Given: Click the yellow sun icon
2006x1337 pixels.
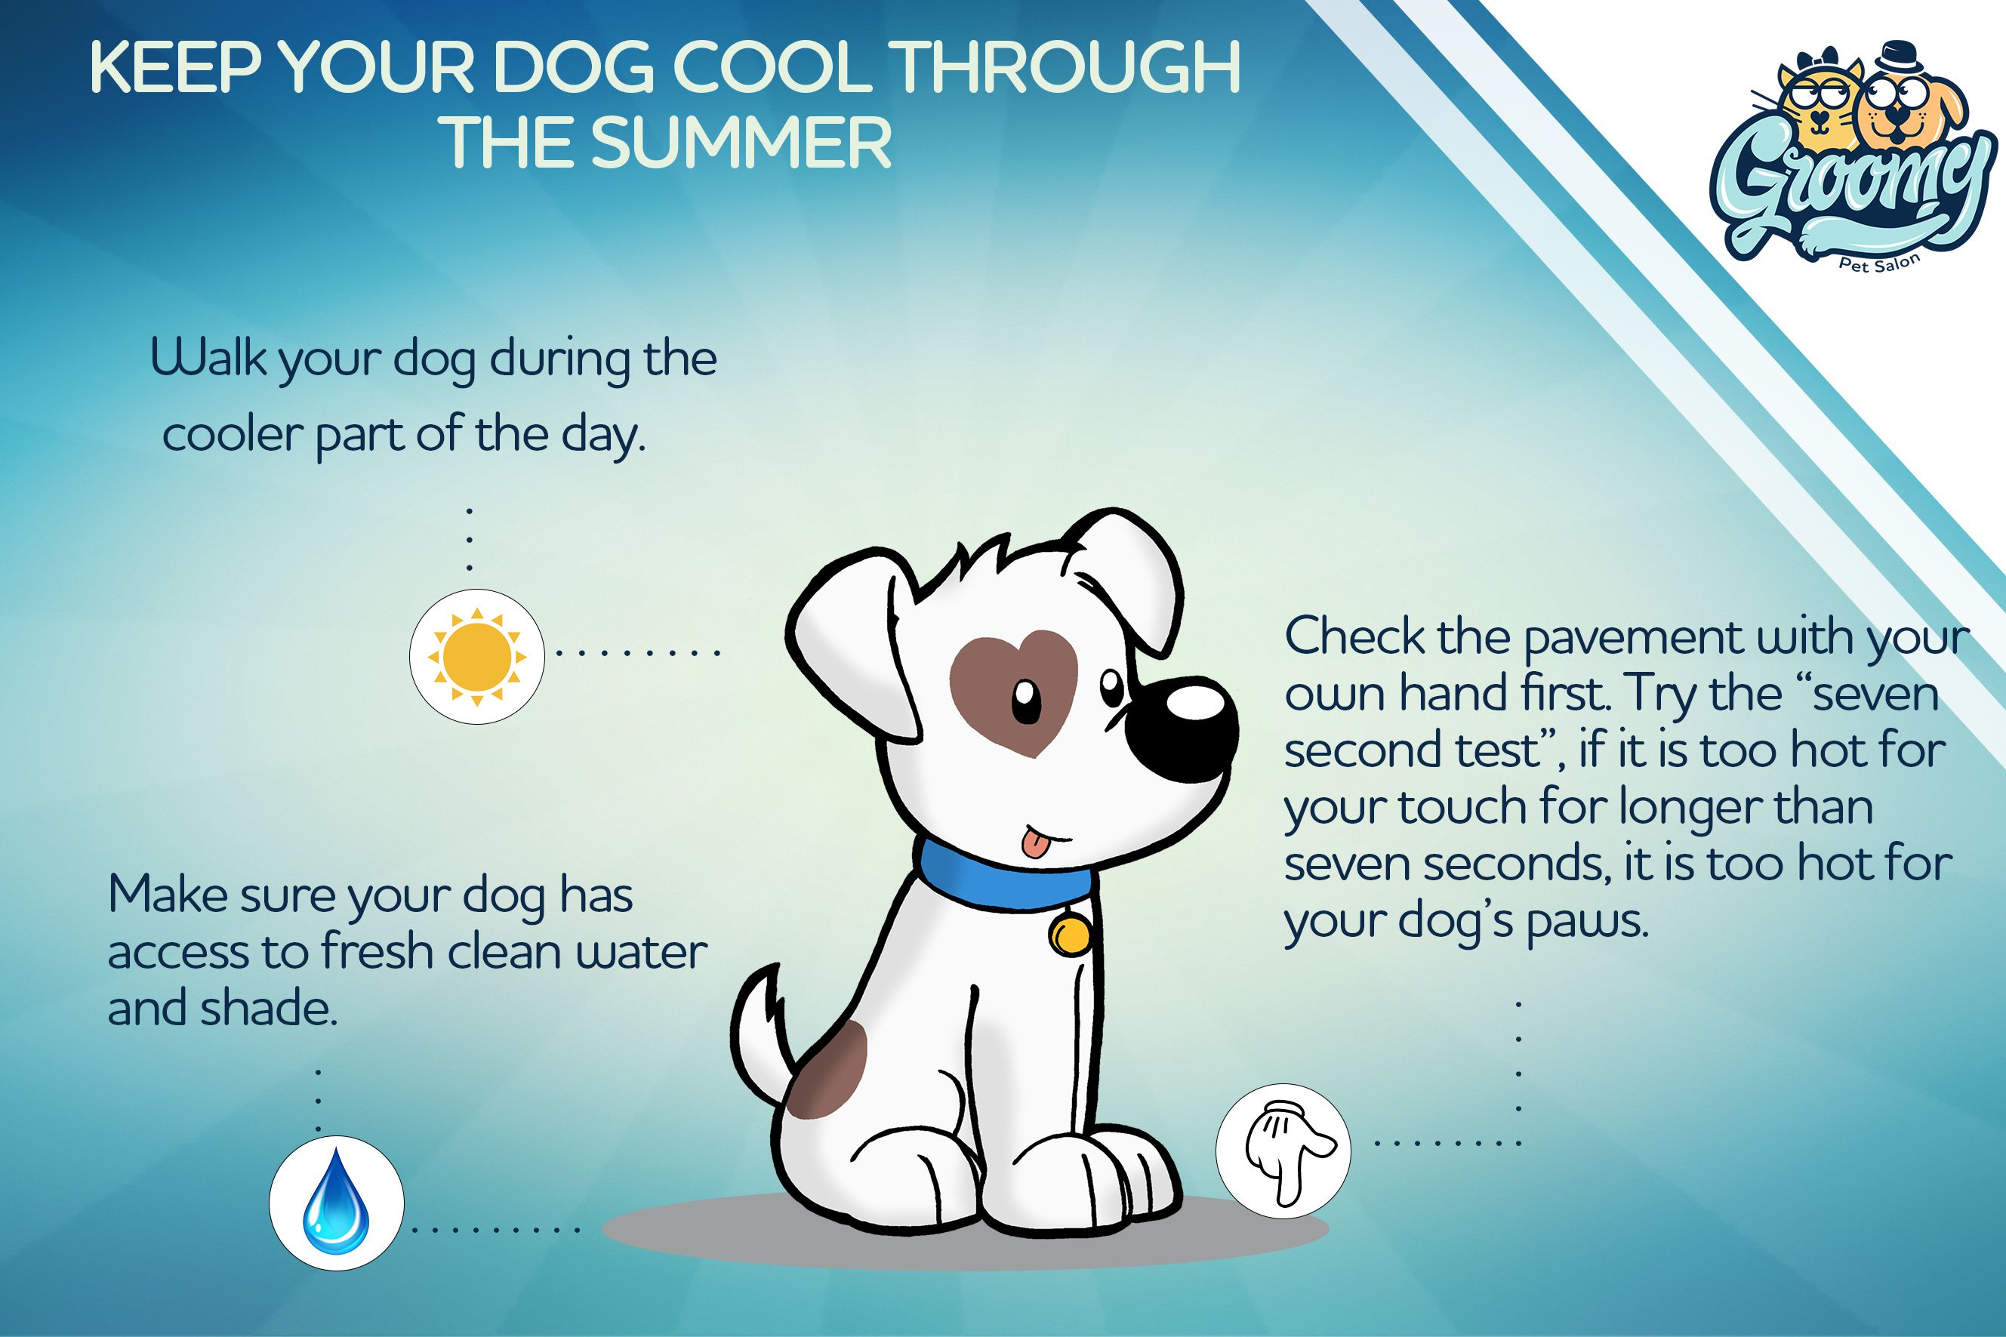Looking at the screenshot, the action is (x=476, y=657).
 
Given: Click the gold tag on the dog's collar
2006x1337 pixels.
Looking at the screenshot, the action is (x=1069, y=934).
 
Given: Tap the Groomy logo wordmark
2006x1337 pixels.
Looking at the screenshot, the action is (x=1852, y=197).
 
